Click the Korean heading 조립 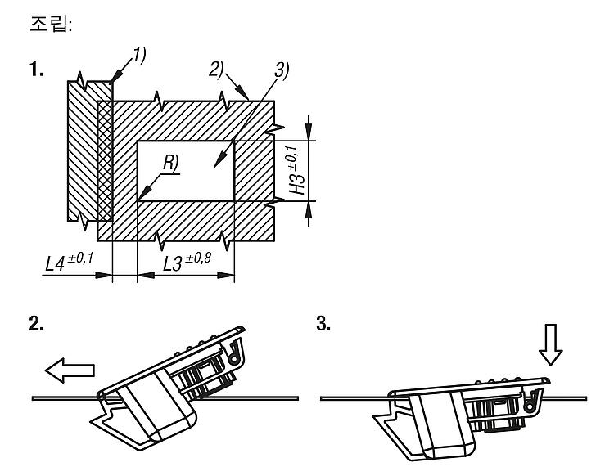click(x=50, y=25)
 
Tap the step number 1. click(x=36, y=70)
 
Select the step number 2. click(x=36, y=324)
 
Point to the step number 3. click(x=323, y=324)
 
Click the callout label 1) click(x=139, y=55)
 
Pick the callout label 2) click(x=216, y=70)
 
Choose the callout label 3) click(x=282, y=70)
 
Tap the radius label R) click(x=171, y=163)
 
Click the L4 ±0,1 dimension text click(x=70, y=262)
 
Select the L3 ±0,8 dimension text click(x=187, y=262)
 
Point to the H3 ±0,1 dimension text click(x=296, y=170)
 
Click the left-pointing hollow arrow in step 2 click(x=70, y=370)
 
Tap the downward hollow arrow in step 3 click(x=551, y=344)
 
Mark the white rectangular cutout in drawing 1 click(x=186, y=171)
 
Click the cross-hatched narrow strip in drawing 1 click(x=105, y=161)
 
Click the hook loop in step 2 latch click(x=235, y=354)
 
